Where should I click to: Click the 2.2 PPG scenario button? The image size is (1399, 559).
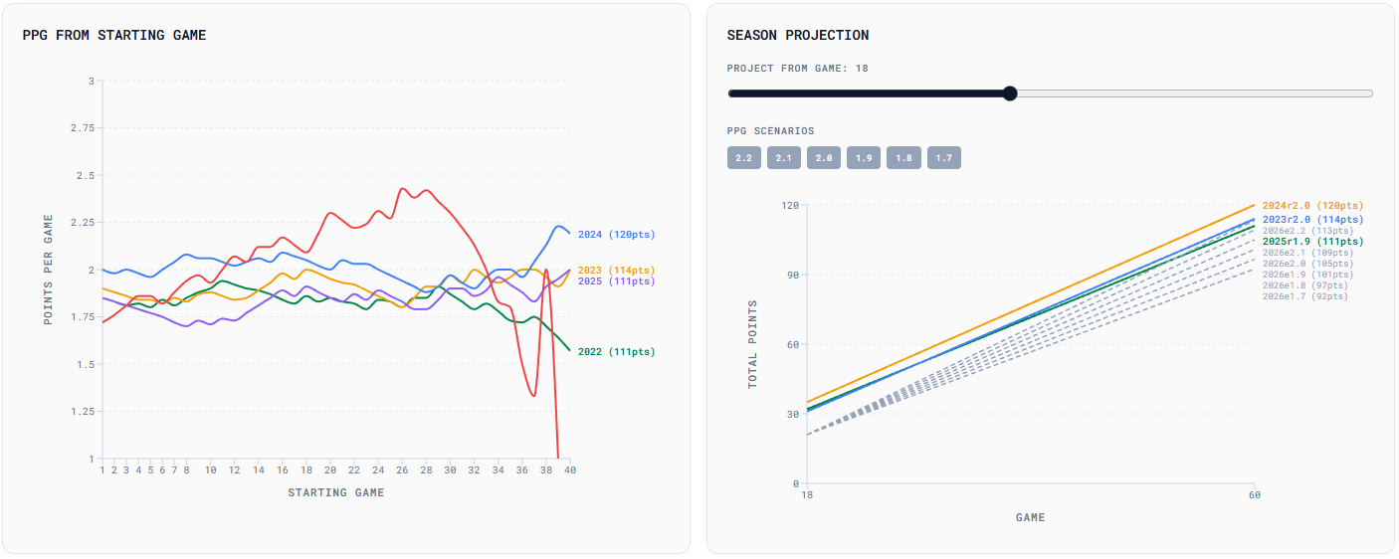point(743,158)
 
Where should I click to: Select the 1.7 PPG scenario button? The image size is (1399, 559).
point(943,158)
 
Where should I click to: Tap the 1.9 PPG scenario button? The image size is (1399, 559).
point(864,158)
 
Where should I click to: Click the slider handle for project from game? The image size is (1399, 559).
point(1010,93)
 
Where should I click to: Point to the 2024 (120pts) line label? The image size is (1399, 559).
point(616,235)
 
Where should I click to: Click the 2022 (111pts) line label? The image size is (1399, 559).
point(616,352)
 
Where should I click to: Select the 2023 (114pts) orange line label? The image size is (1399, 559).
point(616,271)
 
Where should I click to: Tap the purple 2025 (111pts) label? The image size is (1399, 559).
point(616,281)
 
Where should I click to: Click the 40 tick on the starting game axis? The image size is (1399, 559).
point(569,469)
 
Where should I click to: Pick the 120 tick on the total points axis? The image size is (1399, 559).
point(790,205)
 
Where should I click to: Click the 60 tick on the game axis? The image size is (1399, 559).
point(1253,494)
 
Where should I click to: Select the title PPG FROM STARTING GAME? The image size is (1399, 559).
point(114,35)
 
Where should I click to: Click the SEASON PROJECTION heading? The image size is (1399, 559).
point(797,35)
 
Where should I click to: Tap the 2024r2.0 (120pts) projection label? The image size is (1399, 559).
point(1312,206)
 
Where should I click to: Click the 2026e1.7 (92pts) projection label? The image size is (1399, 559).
point(1304,296)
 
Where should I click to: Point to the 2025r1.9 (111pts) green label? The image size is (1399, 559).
point(1312,242)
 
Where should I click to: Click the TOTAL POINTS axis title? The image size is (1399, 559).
point(753,344)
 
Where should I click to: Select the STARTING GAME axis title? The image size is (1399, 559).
point(335,492)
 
